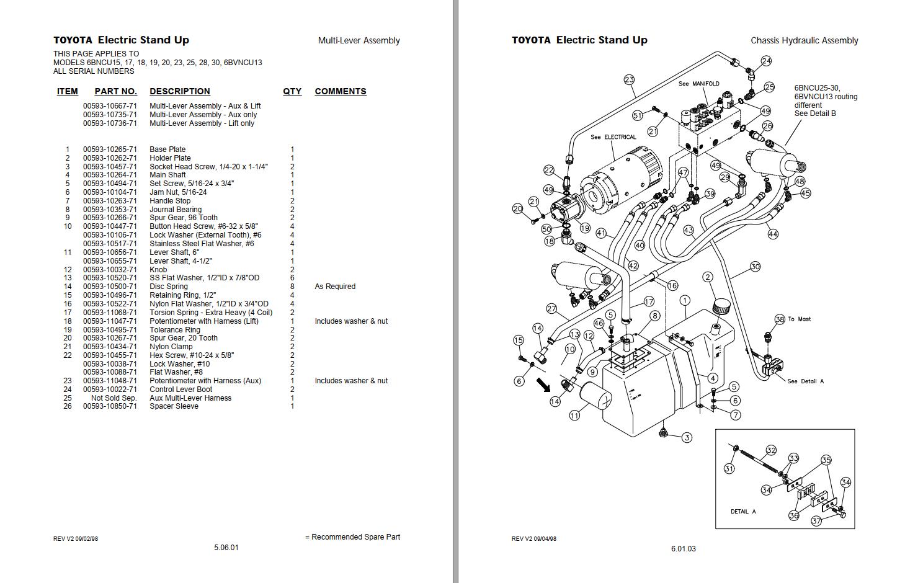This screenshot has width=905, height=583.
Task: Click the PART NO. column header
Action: pos(115,91)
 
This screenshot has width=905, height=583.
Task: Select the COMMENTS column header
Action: pos(340,91)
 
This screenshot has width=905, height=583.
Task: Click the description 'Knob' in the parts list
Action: pos(158,270)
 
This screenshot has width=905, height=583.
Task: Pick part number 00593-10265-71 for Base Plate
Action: pos(110,149)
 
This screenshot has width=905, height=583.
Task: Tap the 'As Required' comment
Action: pos(335,287)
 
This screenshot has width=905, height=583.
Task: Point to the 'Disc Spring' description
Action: pos(169,287)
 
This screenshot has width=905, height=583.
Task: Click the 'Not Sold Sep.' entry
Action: pos(114,398)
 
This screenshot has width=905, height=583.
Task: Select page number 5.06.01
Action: pos(226,548)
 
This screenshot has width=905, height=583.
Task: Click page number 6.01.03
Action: pos(683,549)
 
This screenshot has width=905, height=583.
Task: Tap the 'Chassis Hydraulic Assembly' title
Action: pos(804,40)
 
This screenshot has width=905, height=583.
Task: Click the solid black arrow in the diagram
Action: pos(543,385)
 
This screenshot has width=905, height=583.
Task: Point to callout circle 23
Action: pos(630,79)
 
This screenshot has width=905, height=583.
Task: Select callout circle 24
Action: pos(766,61)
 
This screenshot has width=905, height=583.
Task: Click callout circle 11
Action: pos(574,416)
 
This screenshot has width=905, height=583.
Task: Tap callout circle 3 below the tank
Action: pos(687,437)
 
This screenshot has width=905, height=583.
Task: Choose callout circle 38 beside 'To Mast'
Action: pos(780,319)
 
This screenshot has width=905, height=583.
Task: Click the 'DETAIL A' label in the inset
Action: pos(743,512)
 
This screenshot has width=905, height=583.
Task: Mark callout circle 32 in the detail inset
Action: pos(771,450)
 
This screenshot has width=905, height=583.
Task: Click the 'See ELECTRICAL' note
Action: pos(613,137)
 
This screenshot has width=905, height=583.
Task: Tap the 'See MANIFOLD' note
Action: pos(698,84)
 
